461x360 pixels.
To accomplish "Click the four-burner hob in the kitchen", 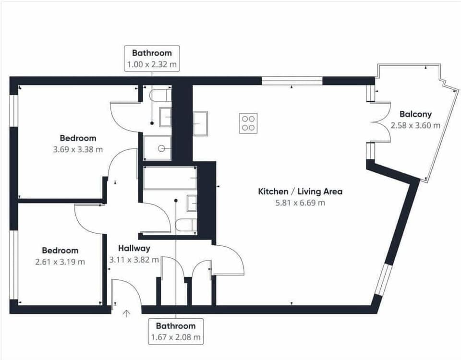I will click(x=248, y=123).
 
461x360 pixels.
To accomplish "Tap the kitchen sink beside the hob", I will click(x=200, y=123).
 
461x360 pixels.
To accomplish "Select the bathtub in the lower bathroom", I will click(x=170, y=178).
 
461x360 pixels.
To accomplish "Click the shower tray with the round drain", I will click(x=157, y=148).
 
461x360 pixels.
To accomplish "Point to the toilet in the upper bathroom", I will click(x=160, y=96).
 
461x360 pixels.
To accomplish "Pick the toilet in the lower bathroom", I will click(x=186, y=225).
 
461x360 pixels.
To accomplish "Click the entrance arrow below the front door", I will click(x=126, y=314).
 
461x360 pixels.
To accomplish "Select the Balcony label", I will click(x=415, y=114).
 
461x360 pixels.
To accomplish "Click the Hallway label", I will click(x=134, y=249).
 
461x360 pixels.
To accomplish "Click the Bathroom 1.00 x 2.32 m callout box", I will click(x=152, y=58).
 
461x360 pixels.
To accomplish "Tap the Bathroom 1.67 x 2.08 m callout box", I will click(x=176, y=331).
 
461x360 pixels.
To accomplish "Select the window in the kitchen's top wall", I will click(x=292, y=80).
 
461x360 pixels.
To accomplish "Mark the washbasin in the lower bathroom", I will click(x=192, y=204).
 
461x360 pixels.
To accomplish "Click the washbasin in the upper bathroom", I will click(x=165, y=117).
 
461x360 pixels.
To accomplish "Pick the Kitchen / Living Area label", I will click(x=300, y=192).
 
